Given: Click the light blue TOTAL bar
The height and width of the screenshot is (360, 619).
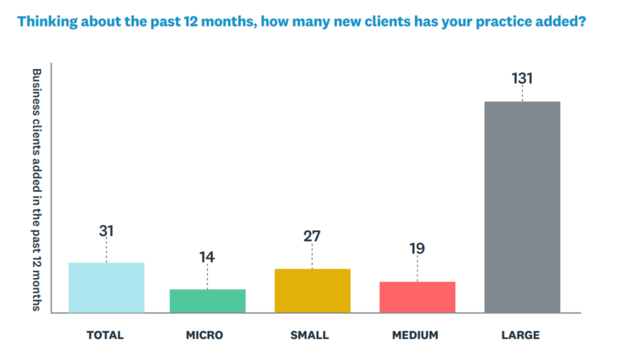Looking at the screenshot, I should [106, 288].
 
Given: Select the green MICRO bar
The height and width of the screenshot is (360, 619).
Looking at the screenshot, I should [207, 300].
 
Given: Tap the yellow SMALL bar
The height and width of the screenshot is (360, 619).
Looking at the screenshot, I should [312, 291].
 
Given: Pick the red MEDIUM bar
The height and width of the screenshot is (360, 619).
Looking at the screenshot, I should [417, 297].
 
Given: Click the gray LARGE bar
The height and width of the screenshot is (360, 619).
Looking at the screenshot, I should [521, 206].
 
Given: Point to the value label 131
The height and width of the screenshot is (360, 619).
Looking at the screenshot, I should [521, 79].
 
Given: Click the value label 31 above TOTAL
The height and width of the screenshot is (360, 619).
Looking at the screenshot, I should [106, 231].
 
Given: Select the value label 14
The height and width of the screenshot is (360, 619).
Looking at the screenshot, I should [207, 258].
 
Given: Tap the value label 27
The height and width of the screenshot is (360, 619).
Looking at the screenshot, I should [312, 237].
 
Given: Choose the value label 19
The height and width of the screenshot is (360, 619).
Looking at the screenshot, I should [417, 250].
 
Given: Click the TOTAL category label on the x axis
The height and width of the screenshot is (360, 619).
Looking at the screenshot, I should [106, 335].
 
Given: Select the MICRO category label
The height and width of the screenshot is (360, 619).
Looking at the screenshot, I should [207, 335].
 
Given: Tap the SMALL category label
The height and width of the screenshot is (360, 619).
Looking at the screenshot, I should [312, 335].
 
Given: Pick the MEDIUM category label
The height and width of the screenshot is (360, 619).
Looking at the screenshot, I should [417, 335].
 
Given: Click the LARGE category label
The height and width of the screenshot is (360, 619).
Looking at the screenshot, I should [521, 335].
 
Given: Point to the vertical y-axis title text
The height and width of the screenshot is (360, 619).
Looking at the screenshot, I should [35, 189].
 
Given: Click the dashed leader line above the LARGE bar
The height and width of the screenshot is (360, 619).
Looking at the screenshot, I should [521, 94].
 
